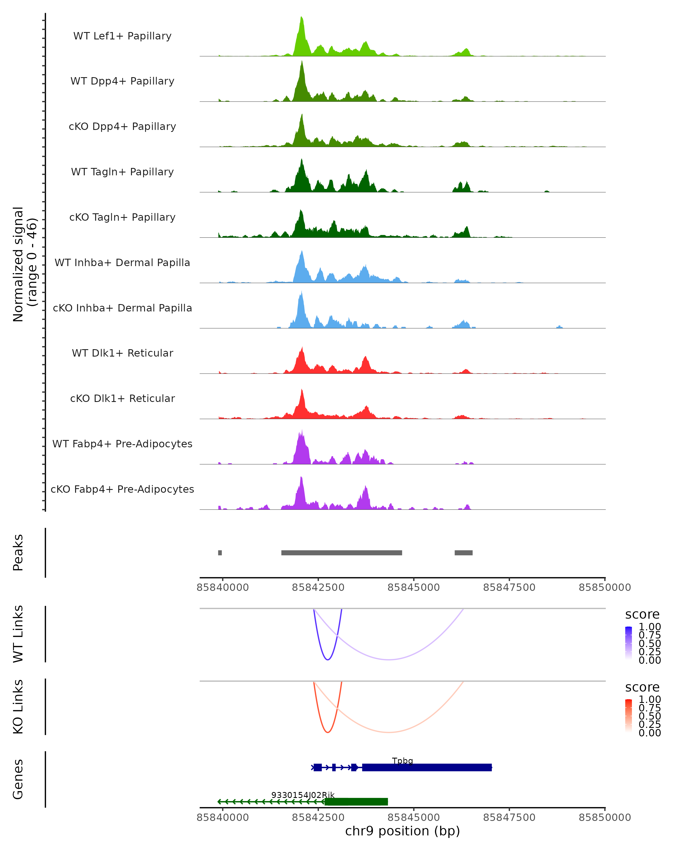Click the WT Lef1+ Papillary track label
pyautogui.click(x=122, y=36)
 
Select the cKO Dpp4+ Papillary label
pyautogui.click(x=122, y=127)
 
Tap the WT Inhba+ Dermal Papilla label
pyautogui.click(x=122, y=263)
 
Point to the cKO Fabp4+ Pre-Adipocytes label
pyautogui.click(x=122, y=489)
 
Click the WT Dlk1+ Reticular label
pyautogui.click(x=122, y=353)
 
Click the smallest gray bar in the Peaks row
pyautogui.click(x=220, y=553)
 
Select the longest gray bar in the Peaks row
pyautogui.click(x=341, y=553)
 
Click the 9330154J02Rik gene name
pyautogui.click(x=303, y=795)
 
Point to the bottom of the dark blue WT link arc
pyautogui.click(x=327, y=660)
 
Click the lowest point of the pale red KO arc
pyautogui.click(x=388, y=732)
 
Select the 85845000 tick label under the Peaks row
pyautogui.click(x=413, y=587)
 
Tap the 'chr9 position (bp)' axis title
pyautogui.click(x=402, y=831)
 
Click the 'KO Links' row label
pyautogui.click(x=18, y=707)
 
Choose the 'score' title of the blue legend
pyautogui.click(x=642, y=615)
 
